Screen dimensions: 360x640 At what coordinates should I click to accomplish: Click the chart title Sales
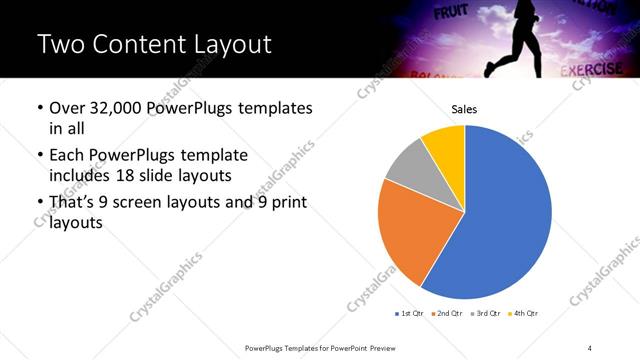click(x=464, y=109)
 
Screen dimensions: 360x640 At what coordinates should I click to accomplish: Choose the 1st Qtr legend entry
click(x=410, y=314)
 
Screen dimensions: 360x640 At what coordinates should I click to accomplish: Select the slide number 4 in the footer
click(x=590, y=347)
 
